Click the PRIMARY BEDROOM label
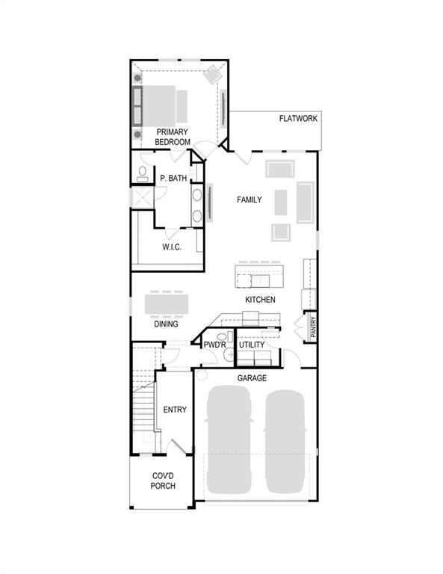pos(173,137)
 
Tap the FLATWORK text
pos(299,119)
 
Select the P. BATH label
pos(173,179)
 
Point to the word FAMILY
pos(250,200)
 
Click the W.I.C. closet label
pos(172,247)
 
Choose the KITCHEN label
pos(260,300)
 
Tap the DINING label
pos(166,324)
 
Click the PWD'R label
pos(214,345)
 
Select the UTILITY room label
pos(252,345)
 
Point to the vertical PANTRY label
pos(313,328)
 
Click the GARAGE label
pos(252,378)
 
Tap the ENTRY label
pos(175,410)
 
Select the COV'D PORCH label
pos(164,481)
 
